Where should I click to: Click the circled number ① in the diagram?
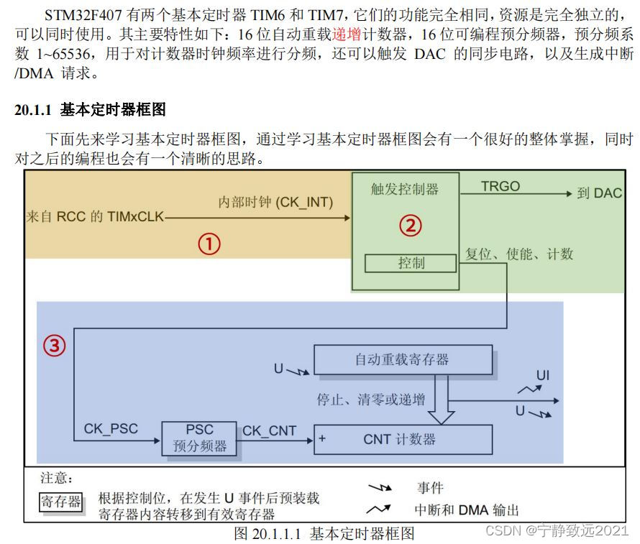click(209, 244)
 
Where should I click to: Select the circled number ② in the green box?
click(410, 226)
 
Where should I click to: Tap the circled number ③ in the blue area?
click(55, 346)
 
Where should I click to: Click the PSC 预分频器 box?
click(199, 438)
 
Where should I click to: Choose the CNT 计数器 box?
click(403, 439)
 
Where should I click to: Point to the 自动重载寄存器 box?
click(403, 359)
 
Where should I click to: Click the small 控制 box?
click(411, 263)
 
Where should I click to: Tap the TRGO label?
click(500, 186)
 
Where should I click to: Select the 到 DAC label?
click(599, 193)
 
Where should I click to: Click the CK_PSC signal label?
click(111, 430)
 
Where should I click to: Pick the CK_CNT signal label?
click(269, 430)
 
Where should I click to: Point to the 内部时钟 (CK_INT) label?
click(275, 203)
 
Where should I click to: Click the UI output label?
click(544, 377)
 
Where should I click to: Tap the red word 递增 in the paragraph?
click(346, 34)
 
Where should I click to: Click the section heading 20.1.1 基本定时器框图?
click(90, 110)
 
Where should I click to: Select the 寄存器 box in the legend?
click(60, 502)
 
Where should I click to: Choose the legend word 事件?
click(430, 488)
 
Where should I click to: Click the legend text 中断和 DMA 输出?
click(466, 510)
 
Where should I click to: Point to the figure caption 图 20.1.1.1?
click(324, 533)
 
